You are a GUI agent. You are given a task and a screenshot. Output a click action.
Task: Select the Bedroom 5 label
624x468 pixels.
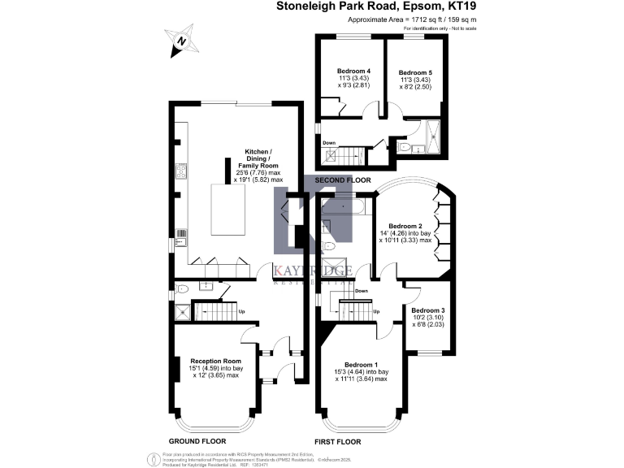(x=415, y=73)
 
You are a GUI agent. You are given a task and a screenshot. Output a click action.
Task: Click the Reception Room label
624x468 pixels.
(x=215, y=361)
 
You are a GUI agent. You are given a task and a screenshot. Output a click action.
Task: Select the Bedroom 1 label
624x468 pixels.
(x=360, y=364)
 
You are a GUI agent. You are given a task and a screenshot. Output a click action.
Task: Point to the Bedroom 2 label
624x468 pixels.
(x=405, y=226)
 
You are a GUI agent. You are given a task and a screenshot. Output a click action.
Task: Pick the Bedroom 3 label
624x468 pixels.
(x=427, y=311)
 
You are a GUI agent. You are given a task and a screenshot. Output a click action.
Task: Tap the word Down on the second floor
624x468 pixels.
(x=329, y=143)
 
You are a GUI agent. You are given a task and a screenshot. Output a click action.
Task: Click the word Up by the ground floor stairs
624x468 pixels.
(x=241, y=311)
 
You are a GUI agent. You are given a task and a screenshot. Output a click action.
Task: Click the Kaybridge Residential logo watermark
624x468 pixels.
(x=314, y=236)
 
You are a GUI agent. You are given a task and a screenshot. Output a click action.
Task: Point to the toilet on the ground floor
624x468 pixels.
(x=182, y=288)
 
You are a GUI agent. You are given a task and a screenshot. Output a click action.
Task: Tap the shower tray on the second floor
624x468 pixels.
(x=431, y=132)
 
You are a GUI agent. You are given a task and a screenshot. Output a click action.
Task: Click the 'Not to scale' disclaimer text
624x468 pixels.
(x=459, y=28)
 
